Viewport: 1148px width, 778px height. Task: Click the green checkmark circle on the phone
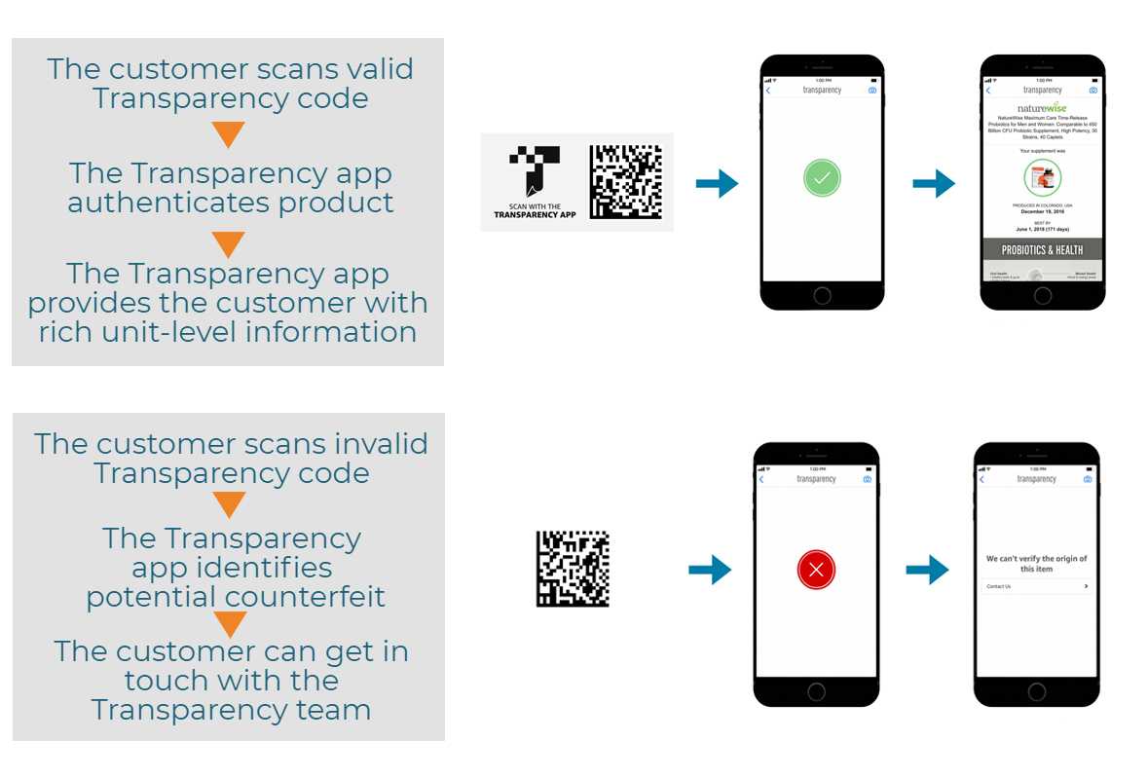[822, 178]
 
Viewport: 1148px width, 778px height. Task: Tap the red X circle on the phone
[816, 570]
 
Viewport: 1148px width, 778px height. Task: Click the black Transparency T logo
[536, 170]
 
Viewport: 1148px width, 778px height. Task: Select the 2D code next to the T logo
[625, 181]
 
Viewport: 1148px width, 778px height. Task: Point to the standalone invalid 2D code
[573, 569]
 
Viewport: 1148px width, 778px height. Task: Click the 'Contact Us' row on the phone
[1036, 586]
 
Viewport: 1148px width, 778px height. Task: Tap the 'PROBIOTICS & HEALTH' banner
[1042, 250]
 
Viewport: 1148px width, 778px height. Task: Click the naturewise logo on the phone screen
[1042, 107]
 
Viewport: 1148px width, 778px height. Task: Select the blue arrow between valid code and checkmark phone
[717, 183]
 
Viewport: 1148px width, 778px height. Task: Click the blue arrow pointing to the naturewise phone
[933, 183]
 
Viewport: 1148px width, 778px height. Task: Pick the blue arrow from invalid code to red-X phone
[710, 570]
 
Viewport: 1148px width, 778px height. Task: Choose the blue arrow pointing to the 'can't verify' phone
[927, 570]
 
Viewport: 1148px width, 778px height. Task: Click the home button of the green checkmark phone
[822, 295]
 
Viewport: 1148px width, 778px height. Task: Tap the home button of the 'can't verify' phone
[1036, 689]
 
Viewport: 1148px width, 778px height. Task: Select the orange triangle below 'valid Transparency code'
[228, 134]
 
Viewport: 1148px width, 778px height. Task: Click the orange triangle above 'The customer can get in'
[230, 624]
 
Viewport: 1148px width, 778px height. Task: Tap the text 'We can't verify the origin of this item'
[1036, 564]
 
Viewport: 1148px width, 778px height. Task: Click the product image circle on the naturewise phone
[1042, 178]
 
